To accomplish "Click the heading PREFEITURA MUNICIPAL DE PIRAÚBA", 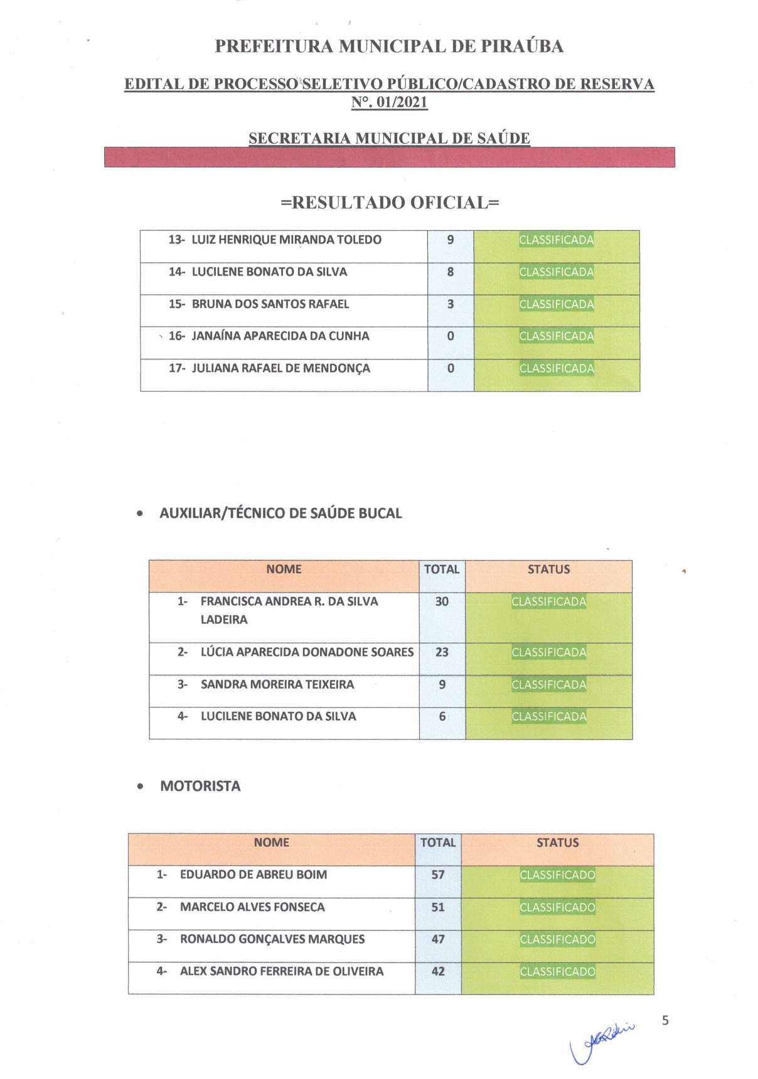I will pos(389,46).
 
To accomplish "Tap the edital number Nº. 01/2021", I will pos(389,102).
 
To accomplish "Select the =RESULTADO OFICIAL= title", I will pos(390,203).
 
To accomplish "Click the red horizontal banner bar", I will pos(389,157).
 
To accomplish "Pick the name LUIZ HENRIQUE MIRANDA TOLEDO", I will pos(286,240).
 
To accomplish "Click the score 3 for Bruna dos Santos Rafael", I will pos(451,304).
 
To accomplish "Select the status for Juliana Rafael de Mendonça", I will pos(557,368).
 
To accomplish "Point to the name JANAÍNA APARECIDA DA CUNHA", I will pos(280,336).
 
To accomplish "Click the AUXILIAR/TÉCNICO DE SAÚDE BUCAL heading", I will pos(280,513).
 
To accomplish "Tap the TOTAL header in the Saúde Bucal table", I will pos(442,569).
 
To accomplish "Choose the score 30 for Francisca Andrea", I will pos(442,601).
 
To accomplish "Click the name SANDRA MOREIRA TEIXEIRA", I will pos(277,684).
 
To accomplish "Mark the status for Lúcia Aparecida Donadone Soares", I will pos(549,652).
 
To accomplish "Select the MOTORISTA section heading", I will pos(200,786).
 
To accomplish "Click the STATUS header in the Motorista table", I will pos(557,843).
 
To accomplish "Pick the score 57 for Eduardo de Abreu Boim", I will pos(438,875).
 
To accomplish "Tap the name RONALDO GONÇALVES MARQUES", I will pos(272,939).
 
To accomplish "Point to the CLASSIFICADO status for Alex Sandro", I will pos(557,972).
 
